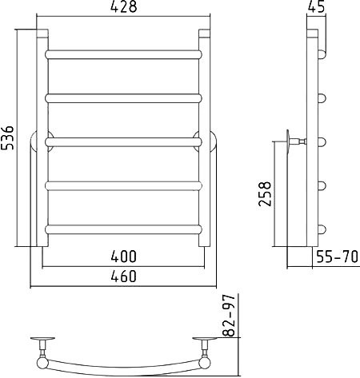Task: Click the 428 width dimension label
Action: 123,6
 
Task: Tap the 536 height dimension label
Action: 7,137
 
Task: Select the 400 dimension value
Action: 123,257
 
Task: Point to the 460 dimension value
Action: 123,276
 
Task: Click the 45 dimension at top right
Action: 316,6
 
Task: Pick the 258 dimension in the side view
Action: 265,194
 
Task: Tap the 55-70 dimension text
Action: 337,257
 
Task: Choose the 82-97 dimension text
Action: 229,316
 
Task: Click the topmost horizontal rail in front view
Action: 123,54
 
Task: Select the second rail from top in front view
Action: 123,98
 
